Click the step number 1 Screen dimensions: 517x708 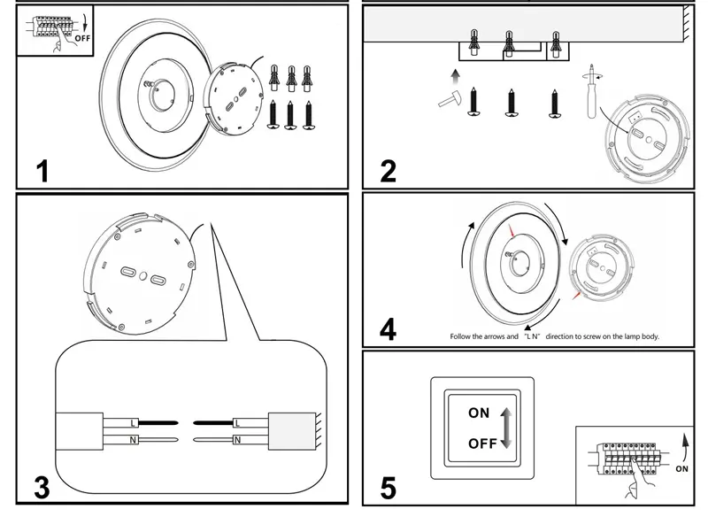pyautogui.click(x=42, y=170)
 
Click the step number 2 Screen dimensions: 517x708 pyautogui.click(x=388, y=170)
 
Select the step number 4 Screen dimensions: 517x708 pyautogui.click(x=388, y=329)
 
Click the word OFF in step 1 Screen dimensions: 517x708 pyautogui.click(x=82, y=38)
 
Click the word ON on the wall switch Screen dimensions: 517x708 pyautogui.click(x=479, y=413)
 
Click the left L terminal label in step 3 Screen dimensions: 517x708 pyautogui.click(x=134, y=421)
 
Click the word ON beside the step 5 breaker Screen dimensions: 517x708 pyautogui.click(x=681, y=469)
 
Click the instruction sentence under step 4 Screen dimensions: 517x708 pyautogui.click(x=555, y=337)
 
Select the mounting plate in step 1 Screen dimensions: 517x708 pyautogui.click(x=236, y=96)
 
